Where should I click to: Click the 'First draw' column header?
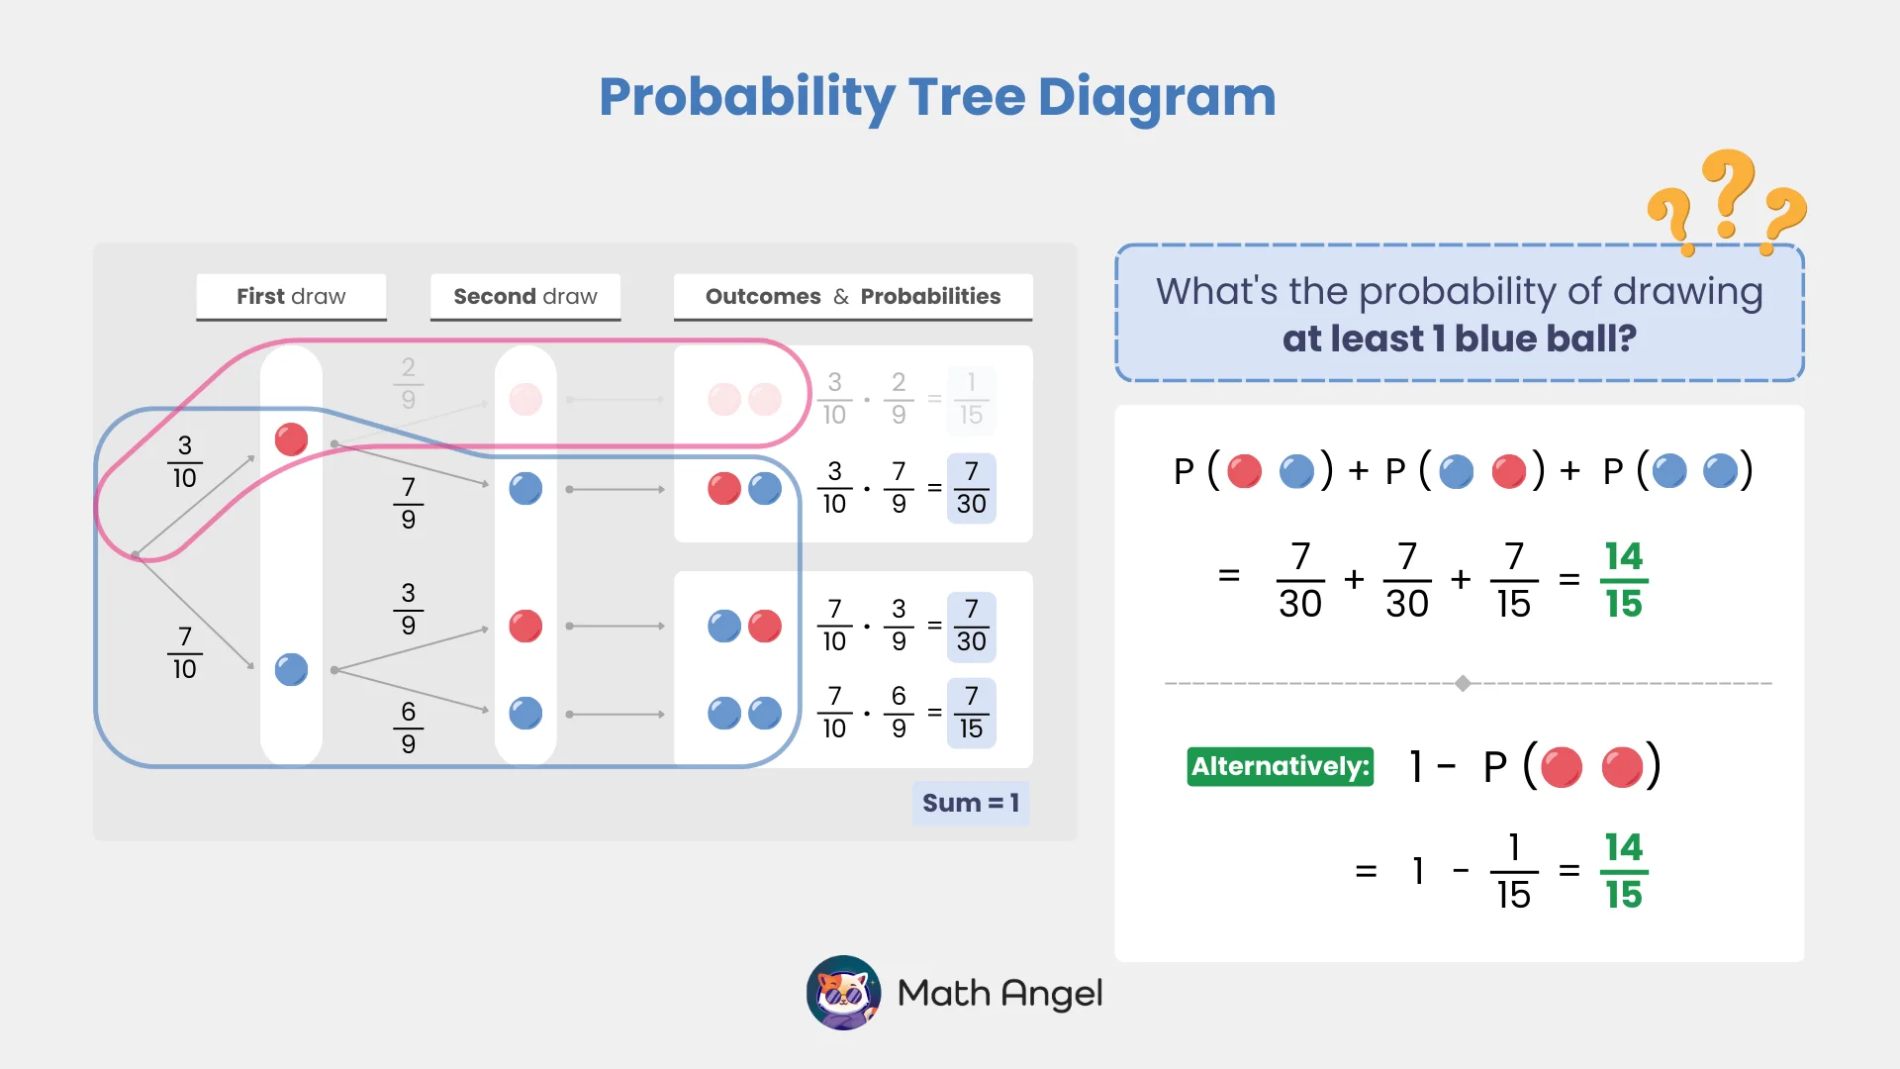coord(291,296)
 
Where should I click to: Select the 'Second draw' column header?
coord(525,296)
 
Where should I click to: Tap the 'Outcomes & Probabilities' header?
coord(852,296)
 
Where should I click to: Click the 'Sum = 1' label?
coord(970,803)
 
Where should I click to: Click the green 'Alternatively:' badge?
coord(1280,766)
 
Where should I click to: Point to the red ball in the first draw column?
coord(291,438)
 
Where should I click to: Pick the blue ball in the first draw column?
coord(291,669)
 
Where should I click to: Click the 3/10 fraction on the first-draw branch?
coord(184,461)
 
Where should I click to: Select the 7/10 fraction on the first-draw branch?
coord(184,652)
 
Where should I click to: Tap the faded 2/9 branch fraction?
coord(408,383)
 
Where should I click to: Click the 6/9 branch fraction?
coord(408,728)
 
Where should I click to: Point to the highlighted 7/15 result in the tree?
coord(971,713)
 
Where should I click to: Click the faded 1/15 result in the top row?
coord(971,399)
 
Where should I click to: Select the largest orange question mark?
coord(1729,193)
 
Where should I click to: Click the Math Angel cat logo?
coord(843,993)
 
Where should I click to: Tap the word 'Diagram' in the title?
coord(1156,98)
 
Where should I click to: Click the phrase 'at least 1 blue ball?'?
coord(1459,339)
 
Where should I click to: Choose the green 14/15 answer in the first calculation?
coord(1623,579)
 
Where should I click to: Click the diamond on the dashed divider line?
coord(1463,683)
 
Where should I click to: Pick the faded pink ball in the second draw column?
coord(525,400)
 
